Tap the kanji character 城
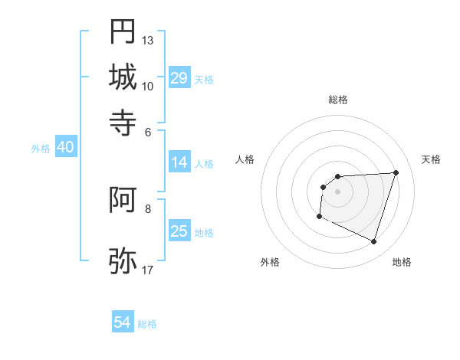(123, 77)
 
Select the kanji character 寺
(123, 122)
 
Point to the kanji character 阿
(123, 201)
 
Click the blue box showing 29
(179, 78)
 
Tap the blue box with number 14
(179, 162)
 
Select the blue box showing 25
(179, 231)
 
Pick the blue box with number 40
(65, 148)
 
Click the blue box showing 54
(123, 322)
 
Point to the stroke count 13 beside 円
(148, 40)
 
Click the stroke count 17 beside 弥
(148, 270)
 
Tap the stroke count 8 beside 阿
(148, 208)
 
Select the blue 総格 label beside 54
(147, 324)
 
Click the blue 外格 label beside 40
(40, 149)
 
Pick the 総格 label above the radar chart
(337, 100)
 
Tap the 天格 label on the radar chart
(431, 159)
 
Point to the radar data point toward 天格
(396, 172)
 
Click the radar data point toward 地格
(373, 242)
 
